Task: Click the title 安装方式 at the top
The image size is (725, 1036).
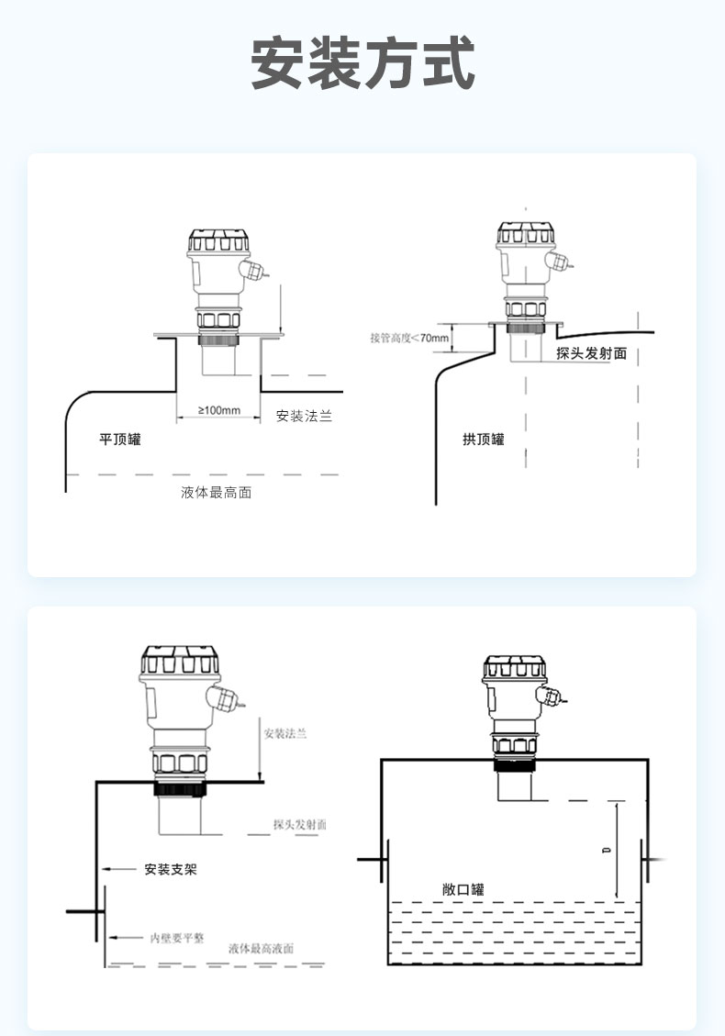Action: (x=362, y=63)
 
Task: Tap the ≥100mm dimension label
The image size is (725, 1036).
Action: (x=219, y=410)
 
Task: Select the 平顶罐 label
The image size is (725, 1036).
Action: (x=120, y=440)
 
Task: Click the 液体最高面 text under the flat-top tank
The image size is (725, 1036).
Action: (x=217, y=493)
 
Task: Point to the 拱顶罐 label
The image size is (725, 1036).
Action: (x=484, y=440)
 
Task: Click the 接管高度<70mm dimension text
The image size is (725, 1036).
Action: (x=409, y=339)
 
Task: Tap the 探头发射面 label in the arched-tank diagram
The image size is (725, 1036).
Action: (x=591, y=353)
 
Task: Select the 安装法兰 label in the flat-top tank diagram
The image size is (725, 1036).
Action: (x=304, y=417)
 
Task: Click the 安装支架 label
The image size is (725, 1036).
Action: (x=171, y=868)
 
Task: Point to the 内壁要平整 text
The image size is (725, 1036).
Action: (x=177, y=939)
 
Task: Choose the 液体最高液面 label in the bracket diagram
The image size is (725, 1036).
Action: (x=262, y=948)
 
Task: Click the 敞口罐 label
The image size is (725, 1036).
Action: (x=463, y=889)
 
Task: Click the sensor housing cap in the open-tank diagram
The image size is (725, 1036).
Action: (x=514, y=673)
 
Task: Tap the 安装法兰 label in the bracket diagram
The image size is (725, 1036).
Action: (x=284, y=734)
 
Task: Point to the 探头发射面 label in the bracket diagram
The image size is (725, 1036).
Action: (x=299, y=825)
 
